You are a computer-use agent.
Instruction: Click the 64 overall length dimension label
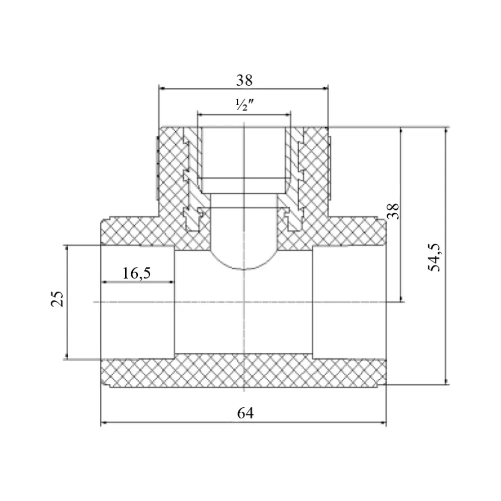(245, 413)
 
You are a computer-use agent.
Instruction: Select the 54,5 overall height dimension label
(434, 258)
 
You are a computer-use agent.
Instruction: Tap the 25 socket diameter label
(58, 299)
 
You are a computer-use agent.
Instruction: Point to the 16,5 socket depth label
(136, 273)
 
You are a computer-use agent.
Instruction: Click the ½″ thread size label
(244, 105)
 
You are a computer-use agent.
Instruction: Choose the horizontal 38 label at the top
(244, 80)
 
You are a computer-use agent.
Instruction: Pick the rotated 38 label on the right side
(394, 211)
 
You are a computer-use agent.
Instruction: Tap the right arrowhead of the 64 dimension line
(383, 423)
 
